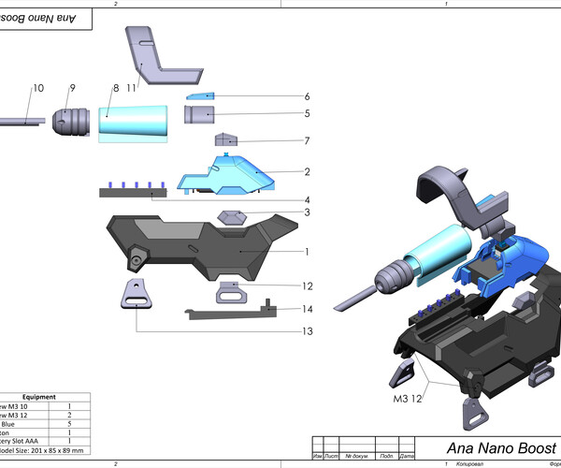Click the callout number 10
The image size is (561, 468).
[38, 88]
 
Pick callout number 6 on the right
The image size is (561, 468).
[306, 96]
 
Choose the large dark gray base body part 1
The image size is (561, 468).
[187, 245]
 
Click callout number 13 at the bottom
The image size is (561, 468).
[306, 330]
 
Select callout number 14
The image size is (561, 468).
[306, 308]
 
